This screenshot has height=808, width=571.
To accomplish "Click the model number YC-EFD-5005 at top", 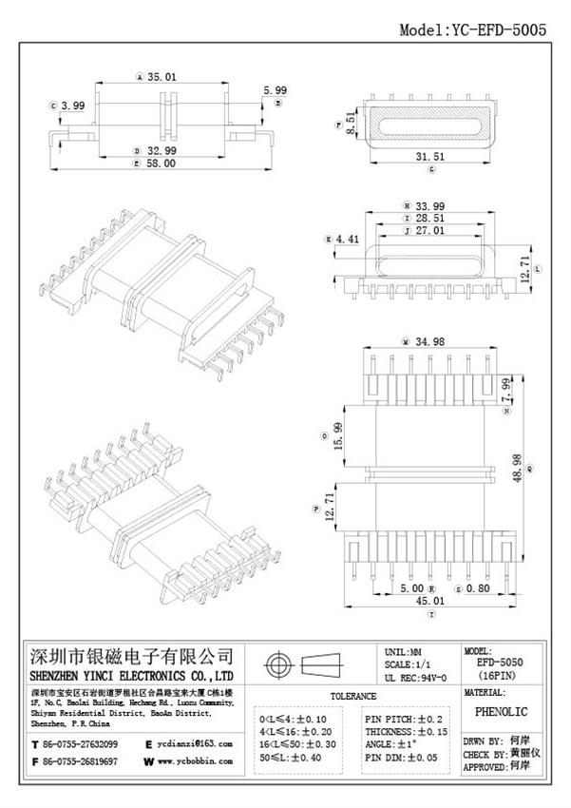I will pos(472,29).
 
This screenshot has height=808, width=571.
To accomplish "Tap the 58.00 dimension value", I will pos(162,164).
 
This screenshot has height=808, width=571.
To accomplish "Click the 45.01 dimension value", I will pos(431,603).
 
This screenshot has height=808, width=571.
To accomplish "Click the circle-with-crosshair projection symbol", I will pos(278,663).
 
